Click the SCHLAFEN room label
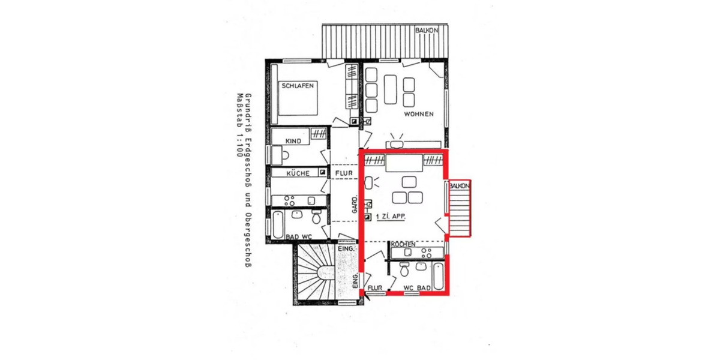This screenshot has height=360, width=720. (298, 86)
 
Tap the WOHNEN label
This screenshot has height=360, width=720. (418, 114)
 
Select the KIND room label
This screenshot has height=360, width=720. (293, 141)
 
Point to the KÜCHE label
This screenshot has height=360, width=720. (298, 173)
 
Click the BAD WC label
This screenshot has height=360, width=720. (299, 237)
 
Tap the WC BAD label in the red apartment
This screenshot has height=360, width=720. (417, 288)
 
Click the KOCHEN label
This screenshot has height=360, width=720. (404, 245)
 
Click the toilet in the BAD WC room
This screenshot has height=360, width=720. (317, 215)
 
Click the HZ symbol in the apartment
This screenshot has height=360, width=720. (368, 204)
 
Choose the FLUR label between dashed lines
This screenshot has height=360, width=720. (345, 173)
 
